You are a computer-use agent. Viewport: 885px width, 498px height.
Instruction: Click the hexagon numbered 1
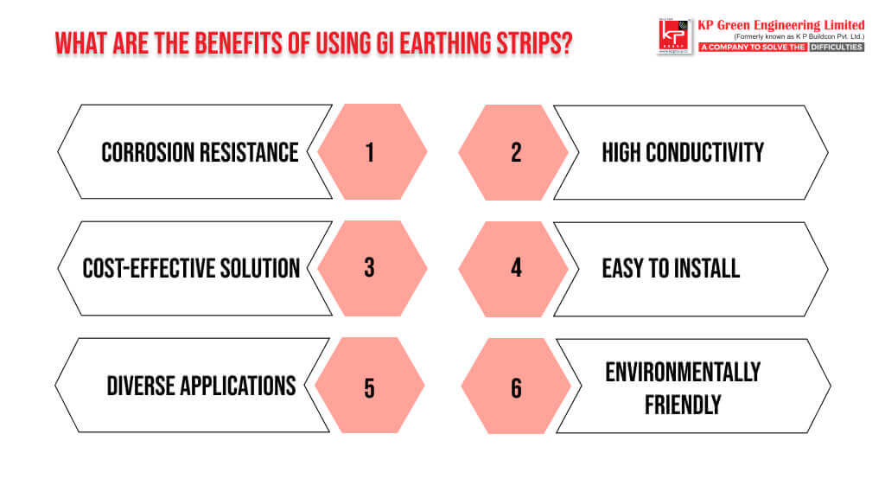coord(372,151)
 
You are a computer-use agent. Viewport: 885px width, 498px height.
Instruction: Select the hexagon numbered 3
coord(372,268)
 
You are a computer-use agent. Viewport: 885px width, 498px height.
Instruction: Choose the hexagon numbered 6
coord(516,386)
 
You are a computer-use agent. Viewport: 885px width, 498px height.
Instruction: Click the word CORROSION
coord(148,152)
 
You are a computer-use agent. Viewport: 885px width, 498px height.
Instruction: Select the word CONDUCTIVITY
coord(704,152)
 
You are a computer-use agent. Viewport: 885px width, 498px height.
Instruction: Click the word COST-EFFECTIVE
coord(149,268)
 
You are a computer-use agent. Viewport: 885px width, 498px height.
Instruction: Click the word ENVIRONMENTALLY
coord(683,372)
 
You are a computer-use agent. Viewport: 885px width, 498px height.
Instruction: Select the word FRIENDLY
coord(683,405)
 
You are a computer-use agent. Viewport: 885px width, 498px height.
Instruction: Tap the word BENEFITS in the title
coord(233,43)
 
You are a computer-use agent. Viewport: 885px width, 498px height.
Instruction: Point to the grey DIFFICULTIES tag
coord(837,47)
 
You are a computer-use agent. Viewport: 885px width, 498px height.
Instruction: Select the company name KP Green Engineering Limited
coord(781,25)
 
